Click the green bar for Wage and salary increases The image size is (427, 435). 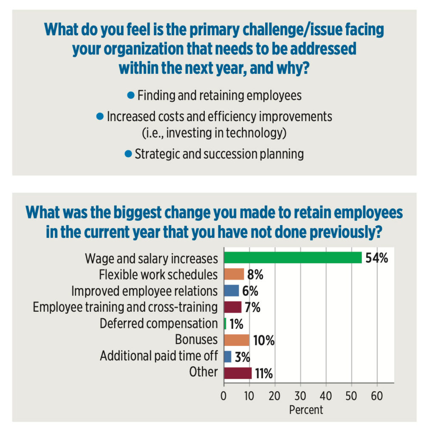click(x=293, y=258)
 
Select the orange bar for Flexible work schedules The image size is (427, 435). click(x=234, y=274)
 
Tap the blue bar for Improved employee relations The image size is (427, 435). click(x=232, y=291)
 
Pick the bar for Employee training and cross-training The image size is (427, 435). click(x=233, y=307)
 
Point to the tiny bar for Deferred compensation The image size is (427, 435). click(x=225, y=324)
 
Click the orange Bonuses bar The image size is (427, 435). click(x=237, y=340)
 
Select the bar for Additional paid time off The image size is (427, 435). click(x=228, y=356)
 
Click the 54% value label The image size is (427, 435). click(x=376, y=258)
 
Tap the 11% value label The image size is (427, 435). click(x=264, y=373)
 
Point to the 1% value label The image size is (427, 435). click(x=236, y=324)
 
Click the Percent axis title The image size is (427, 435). click(x=306, y=410)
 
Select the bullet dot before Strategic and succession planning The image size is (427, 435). click(x=128, y=153)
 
